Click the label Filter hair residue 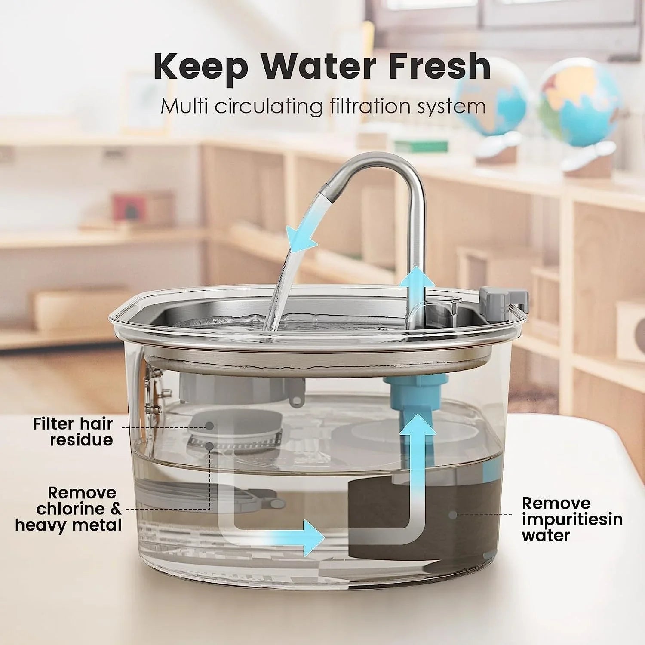coord(73,432)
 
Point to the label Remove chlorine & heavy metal coord(69,509)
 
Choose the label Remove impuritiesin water coord(572,519)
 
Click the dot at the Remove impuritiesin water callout coord(452,514)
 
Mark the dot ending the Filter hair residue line coord(209,426)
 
